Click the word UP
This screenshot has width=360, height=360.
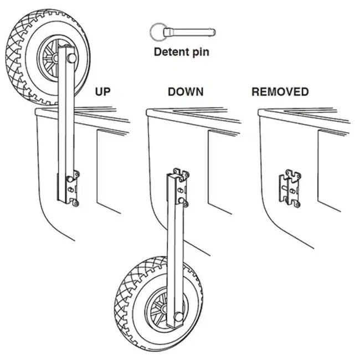[103, 92]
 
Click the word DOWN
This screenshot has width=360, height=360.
[186, 92]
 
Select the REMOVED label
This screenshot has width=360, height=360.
[280, 92]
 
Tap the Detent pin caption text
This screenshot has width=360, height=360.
[182, 53]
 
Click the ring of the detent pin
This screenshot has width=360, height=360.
[157, 31]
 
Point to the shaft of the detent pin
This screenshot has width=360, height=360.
[191, 32]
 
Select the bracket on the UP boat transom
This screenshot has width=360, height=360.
[72, 189]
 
